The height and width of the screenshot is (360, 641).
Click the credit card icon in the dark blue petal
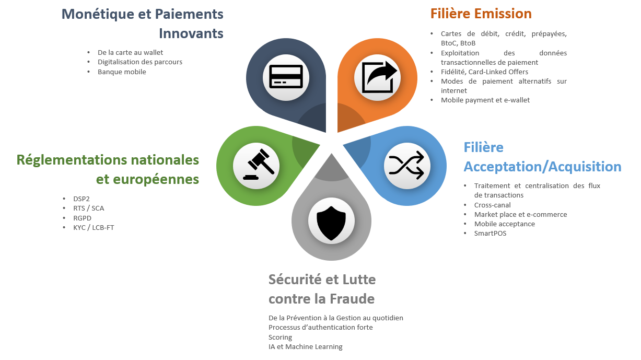click(x=286, y=76)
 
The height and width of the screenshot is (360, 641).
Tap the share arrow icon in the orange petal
click(x=379, y=77)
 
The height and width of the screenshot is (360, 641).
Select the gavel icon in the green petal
click(x=259, y=165)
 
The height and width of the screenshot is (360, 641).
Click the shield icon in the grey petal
click(x=331, y=223)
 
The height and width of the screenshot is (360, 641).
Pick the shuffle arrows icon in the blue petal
click(x=406, y=166)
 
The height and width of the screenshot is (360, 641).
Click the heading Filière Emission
click(x=481, y=14)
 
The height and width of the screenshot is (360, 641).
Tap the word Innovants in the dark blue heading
click(x=191, y=33)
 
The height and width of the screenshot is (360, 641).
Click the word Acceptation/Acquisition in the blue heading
click(x=543, y=167)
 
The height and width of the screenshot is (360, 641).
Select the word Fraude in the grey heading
click(x=352, y=299)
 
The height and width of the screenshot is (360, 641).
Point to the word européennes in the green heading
click(x=147, y=180)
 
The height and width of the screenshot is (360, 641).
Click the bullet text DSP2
click(x=81, y=199)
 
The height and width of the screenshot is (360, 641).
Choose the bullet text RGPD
click(x=82, y=218)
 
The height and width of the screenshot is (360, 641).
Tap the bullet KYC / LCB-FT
click(x=94, y=227)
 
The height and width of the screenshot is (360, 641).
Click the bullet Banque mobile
click(x=122, y=72)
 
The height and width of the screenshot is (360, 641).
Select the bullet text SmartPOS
click(x=490, y=233)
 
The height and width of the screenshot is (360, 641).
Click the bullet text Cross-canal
click(x=492, y=205)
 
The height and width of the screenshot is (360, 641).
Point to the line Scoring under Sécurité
click(x=280, y=338)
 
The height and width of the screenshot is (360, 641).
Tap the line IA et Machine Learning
click(x=305, y=347)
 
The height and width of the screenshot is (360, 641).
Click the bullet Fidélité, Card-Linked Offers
click(x=484, y=72)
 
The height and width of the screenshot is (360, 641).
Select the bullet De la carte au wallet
click(x=130, y=53)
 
